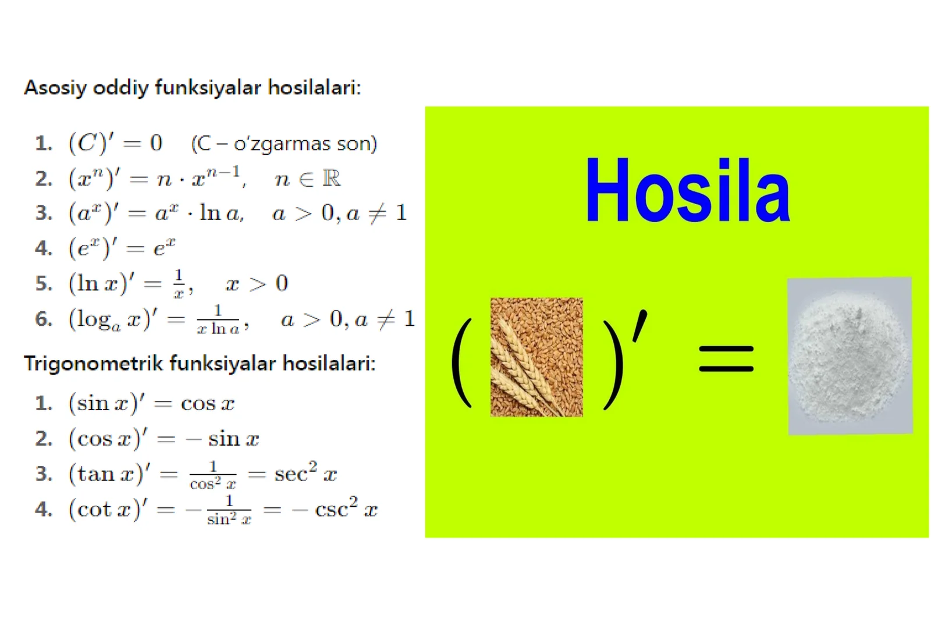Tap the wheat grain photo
536,357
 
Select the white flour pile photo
850,355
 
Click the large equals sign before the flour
726,358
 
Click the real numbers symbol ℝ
331,178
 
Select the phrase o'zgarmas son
305,144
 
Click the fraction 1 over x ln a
218,319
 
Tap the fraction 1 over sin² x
229,510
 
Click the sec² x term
305,473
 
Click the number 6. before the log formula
44,319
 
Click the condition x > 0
257,284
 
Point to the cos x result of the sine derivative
208,403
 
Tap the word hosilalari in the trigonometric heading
329,364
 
